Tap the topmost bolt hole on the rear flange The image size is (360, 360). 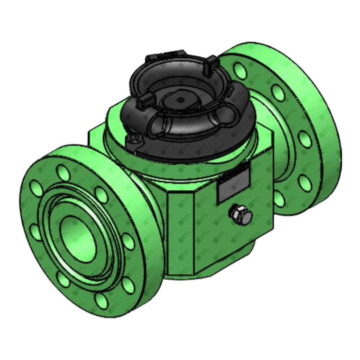pyautogui.click(x=238, y=69)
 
